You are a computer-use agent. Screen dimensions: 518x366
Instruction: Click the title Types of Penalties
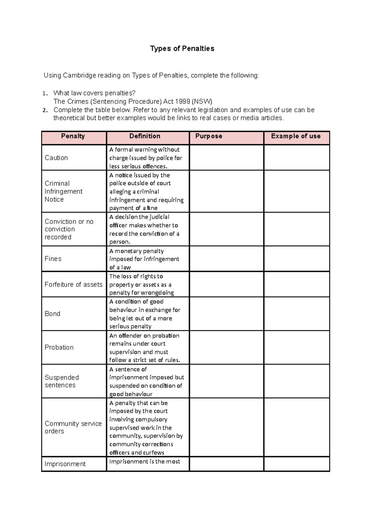pyautogui.click(x=182, y=49)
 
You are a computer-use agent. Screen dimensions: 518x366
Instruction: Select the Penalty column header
pyautogui.click(x=73, y=136)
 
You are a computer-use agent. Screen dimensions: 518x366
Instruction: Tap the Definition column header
pyautogui.click(x=145, y=136)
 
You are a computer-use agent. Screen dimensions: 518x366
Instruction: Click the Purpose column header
pyautogui.click(x=209, y=136)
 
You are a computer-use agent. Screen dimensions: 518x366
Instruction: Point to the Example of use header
pyautogui.click(x=296, y=136)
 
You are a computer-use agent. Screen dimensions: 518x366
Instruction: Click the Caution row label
pyautogui.click(x=56, y=158)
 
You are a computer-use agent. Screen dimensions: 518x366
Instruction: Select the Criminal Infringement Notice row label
pyautogui.click(x=63, y=191)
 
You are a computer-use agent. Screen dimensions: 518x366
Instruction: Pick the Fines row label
pyautogui.click(x=53, y=259)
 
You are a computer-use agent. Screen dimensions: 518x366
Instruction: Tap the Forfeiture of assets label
pyautogui.click(x=74, y=284)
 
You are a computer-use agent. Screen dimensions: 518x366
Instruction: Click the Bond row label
pyautogui.click(x=52, y=314)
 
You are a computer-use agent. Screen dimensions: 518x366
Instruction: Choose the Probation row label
pyautogui.click(x=59, y=347)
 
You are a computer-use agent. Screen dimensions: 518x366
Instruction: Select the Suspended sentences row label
pyautogui.click(x=62, y=381)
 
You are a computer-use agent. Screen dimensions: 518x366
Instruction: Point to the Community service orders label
pyautogui.click(x=73, y=427)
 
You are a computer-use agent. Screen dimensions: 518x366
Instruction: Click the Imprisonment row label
pyautogui.click(x=65, y=464)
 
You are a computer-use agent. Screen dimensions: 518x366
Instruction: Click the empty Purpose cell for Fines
pyautogui.click(x=226, y=259)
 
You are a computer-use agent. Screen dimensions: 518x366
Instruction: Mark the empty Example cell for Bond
pyautogui.click(x=296, y=314)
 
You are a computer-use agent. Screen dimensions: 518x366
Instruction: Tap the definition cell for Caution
pyautogui.click(x=146, y=158)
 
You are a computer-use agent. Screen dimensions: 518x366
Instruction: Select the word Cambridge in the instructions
pyautogui.click(x=79, y=75)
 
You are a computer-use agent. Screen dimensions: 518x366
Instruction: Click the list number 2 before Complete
pyautogui.click(x=45, y=110)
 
